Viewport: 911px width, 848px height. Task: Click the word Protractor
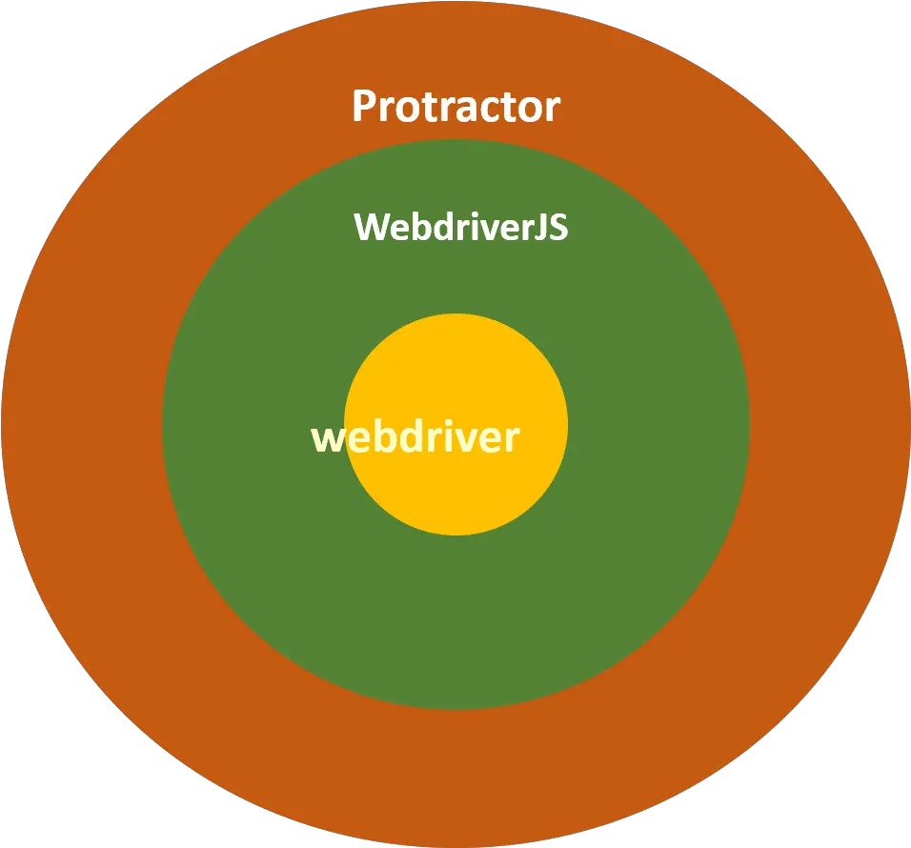(x=455, y=106)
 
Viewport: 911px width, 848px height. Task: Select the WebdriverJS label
(x=461, y=228)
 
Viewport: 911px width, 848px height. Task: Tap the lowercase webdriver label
(x=415, y=437)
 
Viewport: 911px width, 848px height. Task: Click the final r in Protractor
(x=551, y=109)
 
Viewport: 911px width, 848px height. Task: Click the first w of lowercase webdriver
(x=329, y=439)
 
